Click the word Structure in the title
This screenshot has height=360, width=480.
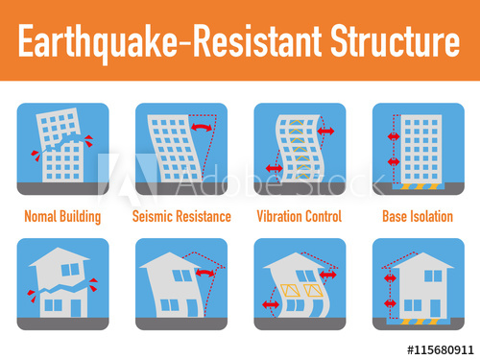pos(395,41)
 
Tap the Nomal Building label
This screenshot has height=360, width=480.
pos(61,216)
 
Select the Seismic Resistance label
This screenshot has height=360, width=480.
pos(180,216)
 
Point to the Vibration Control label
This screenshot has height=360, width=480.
pos(298,216)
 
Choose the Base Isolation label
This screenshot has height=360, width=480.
pos(417,216)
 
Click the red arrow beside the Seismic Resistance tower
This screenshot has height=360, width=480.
pos(202,127)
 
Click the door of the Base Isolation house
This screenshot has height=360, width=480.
pos(434,303)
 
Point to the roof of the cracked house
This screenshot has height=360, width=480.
pos(60,257)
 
